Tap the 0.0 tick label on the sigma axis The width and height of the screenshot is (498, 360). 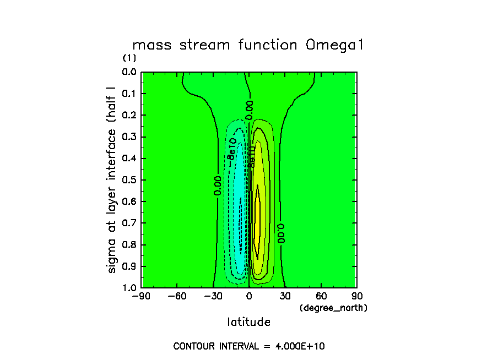coord(129,72)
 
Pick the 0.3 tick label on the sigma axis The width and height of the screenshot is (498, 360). coord(129,137)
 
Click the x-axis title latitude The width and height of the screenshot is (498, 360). coord(248,321)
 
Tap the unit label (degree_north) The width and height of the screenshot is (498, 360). coord(333,308)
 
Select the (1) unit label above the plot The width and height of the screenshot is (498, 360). coord(129,58)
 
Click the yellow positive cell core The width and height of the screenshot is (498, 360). coord(257,220)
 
